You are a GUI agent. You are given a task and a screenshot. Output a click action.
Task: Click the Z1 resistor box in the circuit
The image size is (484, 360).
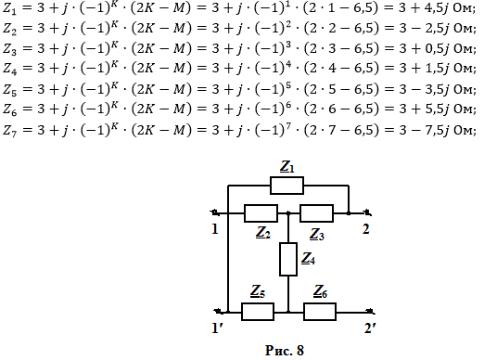click(287, 186)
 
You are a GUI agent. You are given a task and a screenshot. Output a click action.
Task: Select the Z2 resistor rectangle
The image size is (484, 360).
click(261, 213)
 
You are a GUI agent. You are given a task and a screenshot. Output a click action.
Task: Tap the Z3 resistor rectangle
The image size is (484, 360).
click(316, 213)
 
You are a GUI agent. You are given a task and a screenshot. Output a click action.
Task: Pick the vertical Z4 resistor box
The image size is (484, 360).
click(288, 259)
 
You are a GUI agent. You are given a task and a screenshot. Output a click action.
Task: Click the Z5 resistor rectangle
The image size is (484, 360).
click(258, 312)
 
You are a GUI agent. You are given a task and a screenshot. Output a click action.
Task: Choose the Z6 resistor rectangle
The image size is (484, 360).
click(320, 312)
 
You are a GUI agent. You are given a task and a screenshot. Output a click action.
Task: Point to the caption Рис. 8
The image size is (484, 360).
click(285, 351)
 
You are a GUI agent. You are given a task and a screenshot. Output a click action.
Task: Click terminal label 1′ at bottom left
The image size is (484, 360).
click(217, 328)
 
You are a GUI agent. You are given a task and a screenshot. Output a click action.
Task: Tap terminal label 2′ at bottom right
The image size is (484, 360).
click(370, 328)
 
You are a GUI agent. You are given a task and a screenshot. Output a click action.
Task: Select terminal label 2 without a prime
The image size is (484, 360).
click(365, 229)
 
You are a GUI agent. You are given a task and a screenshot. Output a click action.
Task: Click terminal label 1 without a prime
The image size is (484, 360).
click(215, 229)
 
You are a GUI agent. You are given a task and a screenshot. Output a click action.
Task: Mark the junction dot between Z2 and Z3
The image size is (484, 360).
click(288, 213)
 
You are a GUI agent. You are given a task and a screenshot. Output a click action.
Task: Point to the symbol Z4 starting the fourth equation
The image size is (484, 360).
click(10, 69)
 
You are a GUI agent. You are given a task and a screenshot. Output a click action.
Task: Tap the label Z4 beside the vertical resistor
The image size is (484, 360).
click(308, 259)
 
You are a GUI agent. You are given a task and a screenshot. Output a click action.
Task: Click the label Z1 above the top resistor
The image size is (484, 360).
click(287, 166)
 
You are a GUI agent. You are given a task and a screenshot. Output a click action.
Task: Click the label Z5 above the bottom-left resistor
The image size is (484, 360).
click(258, 291)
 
